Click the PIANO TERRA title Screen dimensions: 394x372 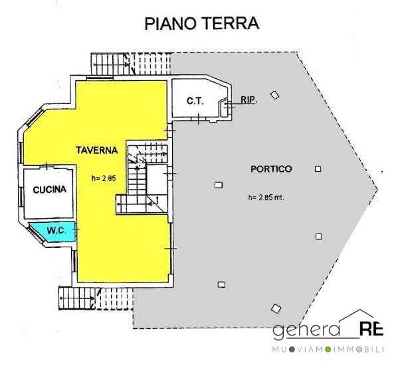[x=202, y=24]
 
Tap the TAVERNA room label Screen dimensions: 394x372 [x=97, y=150]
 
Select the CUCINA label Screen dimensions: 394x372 [x=50, y=190]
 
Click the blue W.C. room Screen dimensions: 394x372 [x=54, y=232]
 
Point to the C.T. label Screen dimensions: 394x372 [x=195, y=101]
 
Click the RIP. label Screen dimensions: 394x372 [x=248, y=100]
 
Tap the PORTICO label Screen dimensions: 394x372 [x=271, y=169]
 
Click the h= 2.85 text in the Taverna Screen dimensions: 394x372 [x=104, y=178]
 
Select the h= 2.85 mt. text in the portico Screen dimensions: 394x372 [x=266, y=198]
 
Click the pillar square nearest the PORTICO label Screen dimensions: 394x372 [x=318, y=169]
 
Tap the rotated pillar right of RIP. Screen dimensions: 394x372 [x=274, y=95]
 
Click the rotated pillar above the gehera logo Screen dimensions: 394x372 [x=276, y=308]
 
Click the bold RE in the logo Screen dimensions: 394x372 [x=371, y=329]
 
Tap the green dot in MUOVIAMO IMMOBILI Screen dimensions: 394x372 [x=328, y=349]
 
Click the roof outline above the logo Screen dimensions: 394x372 [x=356, y=316]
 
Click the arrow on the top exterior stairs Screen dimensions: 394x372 [x=111, y=64]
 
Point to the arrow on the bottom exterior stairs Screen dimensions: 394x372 [x=78, y=298]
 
